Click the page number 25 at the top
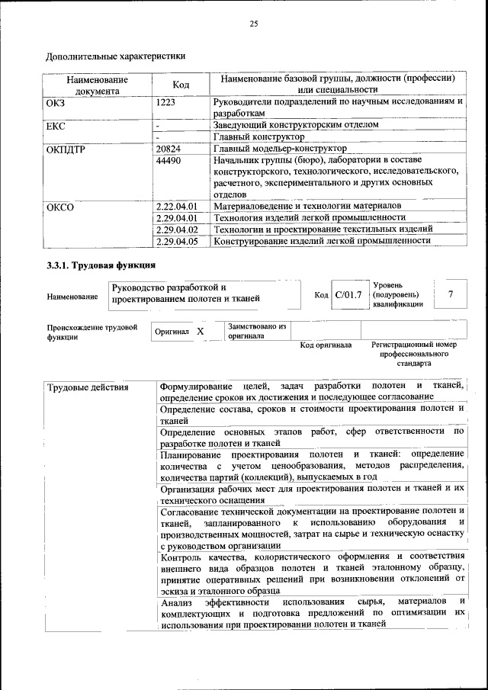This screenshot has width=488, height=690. point(254,24)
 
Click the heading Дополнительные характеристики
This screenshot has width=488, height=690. point(116,56)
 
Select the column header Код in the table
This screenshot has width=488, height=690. point(181,84)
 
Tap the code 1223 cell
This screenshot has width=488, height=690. point(166,101)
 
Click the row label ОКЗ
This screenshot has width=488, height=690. point(56,101)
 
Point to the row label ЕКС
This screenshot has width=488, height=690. point(56,124)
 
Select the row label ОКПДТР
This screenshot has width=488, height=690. point(66,149)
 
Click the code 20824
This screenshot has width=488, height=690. point(168,149)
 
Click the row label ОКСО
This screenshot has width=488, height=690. point(59,206)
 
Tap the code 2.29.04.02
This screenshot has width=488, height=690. point(176,229)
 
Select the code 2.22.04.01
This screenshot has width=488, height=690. point(176,206)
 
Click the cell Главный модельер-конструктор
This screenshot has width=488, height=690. point(280,149)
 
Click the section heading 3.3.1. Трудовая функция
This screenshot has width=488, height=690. point(101,265)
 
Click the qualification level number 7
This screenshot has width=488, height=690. point(451,294)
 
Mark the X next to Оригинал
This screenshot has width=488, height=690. point(200,332)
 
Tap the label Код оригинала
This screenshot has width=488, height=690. point(326,345)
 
